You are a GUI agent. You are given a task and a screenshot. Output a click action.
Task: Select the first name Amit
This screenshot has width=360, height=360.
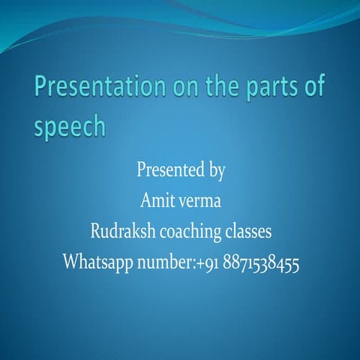[x=156, y=201]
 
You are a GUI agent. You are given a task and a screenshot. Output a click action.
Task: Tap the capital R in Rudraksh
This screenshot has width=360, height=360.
[x=95, y=232]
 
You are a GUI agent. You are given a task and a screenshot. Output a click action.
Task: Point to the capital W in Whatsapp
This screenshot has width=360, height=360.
[x=70, y=262]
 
